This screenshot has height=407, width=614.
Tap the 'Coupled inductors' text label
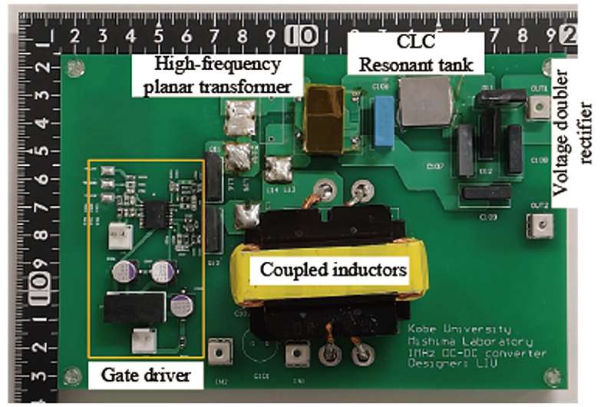click(332, 270)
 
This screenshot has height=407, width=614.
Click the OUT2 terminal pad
click(540, 223)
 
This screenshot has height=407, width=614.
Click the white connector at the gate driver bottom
click(141, 338)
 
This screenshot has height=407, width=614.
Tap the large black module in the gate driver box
click(135, 308)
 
